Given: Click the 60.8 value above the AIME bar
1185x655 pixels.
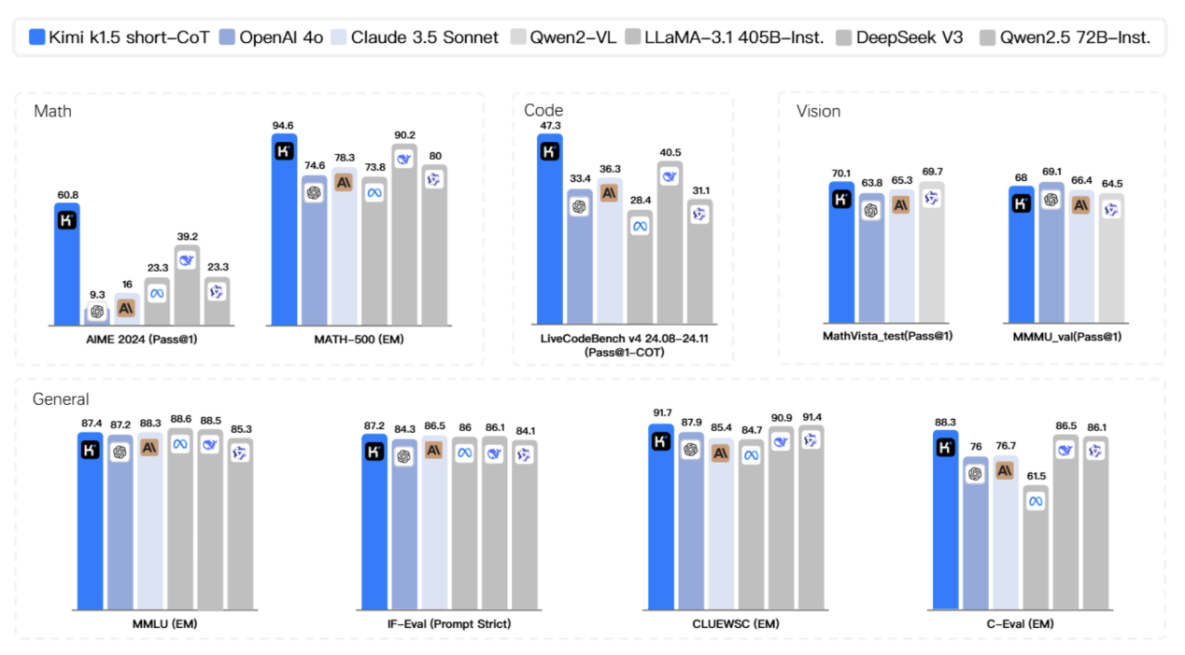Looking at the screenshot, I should coord(66,194).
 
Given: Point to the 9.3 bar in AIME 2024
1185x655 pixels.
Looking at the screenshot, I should coord(96,314).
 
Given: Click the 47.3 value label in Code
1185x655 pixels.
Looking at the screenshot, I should coord(549,125).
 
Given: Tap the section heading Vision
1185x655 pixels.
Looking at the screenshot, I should coord(818,112).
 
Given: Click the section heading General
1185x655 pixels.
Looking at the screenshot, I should coord(61,399).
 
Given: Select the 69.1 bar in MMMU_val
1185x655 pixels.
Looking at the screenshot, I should coord(1051,252).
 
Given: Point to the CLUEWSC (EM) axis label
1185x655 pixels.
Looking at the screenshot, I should coord(735,623).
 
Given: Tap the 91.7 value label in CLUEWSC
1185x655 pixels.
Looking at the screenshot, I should coord(660,412).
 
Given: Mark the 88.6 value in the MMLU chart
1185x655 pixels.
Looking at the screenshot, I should coord(180,421).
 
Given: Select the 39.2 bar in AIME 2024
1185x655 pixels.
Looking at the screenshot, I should coord(187,286).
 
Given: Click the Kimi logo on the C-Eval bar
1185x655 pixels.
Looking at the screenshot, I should coord(945,449).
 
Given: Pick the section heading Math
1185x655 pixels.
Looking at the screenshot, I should coord(52,112).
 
